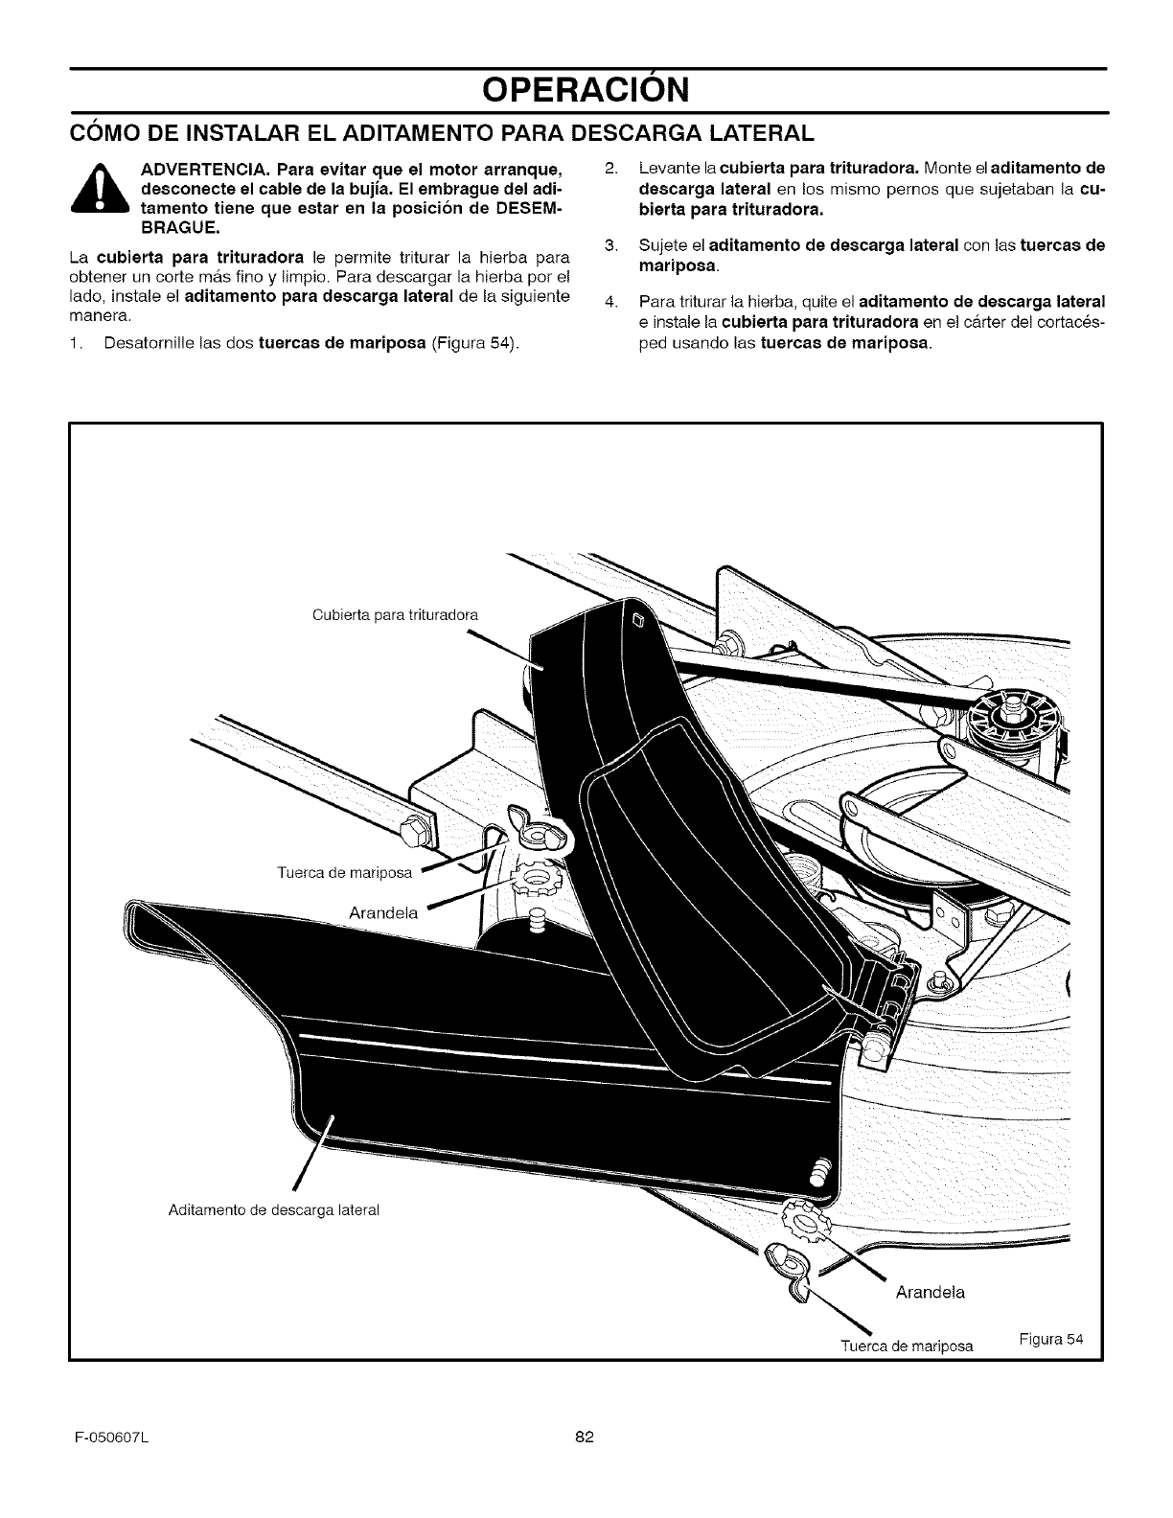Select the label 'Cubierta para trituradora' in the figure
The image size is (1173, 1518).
coord(395,614)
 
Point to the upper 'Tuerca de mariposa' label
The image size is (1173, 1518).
coord(343,872)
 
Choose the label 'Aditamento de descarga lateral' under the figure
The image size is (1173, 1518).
coord(273,1209)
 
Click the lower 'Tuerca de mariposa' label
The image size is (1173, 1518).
coord(906,1345)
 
